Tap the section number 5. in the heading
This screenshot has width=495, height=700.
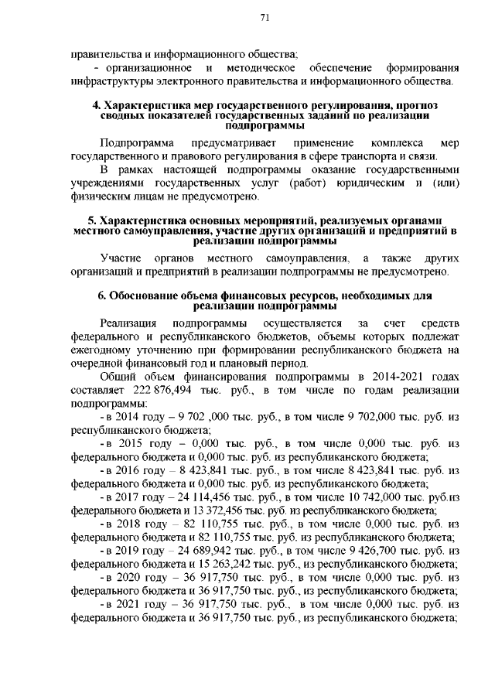pyautogui.click(x=91, y=220)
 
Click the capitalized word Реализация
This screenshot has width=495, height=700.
pyautogui.click(x=128, y=322)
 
